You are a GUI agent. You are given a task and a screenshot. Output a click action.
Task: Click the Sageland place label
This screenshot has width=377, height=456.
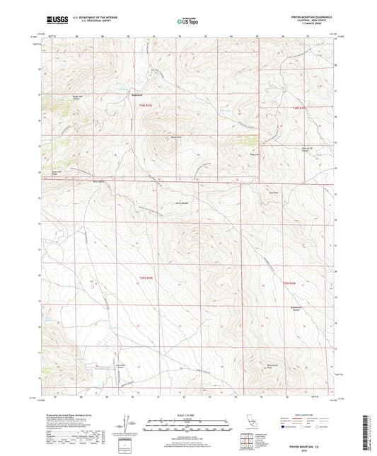point(139,95)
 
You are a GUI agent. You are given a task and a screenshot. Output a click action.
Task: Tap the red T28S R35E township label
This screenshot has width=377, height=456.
point(144,106)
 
